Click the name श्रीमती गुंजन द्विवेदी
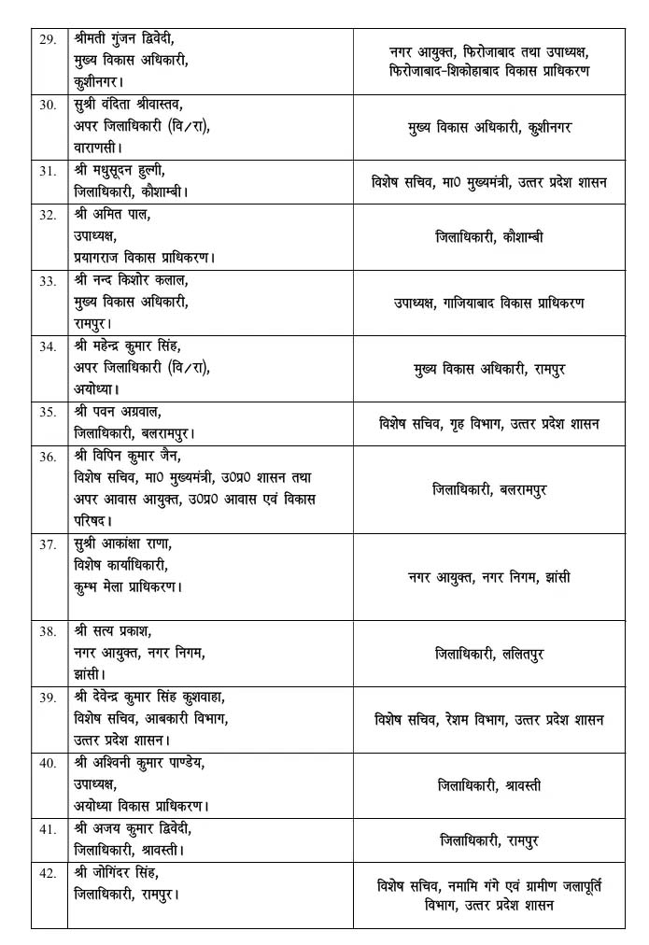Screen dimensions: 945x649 pyautogui.click(x=124, y=38)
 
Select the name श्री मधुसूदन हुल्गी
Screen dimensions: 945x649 pyautogui.click(x=123, y=170)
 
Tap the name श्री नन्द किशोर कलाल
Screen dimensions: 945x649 pyautogui.click(x=130, y=280)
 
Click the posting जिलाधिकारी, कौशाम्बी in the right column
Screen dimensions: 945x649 pyautogui.click(x=489, y=237)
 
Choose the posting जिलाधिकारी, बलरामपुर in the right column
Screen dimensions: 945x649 pyautogui.click(x=489, y=488)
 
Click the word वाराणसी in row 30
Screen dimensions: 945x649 pyautogui.click(x=97, y=147)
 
